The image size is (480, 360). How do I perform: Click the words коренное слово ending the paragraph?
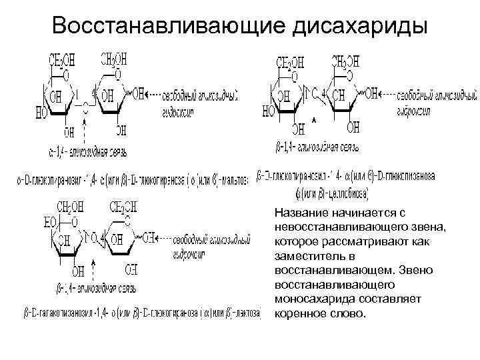tap(321, 313)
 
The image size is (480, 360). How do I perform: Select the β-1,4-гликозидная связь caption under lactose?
tap(90, 289)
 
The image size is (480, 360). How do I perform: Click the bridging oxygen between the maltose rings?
tap(85, 106)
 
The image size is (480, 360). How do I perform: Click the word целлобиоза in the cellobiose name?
tap(347, 192)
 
